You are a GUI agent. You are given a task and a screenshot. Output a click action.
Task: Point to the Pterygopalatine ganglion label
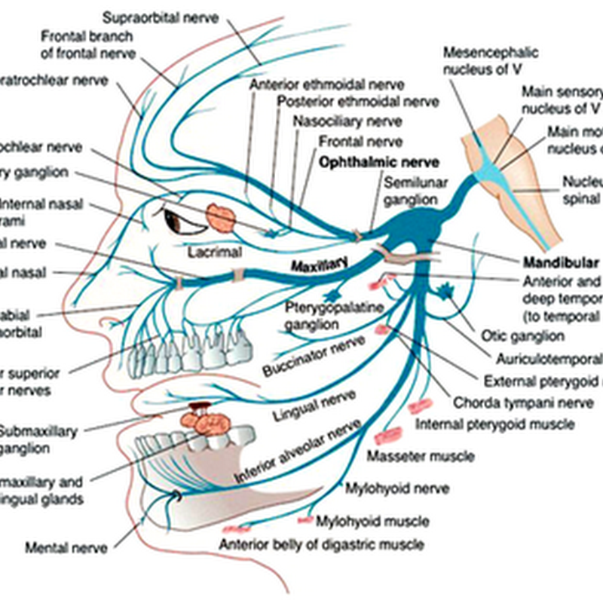click(x=326, y=315)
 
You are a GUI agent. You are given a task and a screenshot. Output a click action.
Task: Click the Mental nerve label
click(x=66, y=548)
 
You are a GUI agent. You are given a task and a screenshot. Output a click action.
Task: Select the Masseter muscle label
click(x=421, y=456)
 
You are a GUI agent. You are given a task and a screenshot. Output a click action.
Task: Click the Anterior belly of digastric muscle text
click(x=321, y=544)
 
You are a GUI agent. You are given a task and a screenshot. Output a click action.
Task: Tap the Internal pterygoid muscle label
click(x=494, y=424)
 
